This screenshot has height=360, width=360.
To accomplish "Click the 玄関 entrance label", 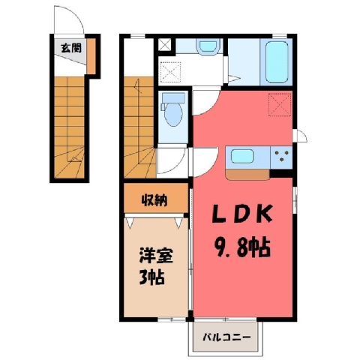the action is click(x=71, y=47).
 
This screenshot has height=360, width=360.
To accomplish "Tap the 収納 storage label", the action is click(x=154, y=199).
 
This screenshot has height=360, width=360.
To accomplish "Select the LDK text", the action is click(x=242, y=214).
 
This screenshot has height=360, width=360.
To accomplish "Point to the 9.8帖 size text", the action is click(x=242, y=248).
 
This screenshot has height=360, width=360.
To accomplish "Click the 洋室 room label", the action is click(x=156, y=255).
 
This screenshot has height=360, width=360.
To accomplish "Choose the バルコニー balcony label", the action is click(x=226, y=337).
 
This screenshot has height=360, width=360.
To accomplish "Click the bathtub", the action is click(x=276, y=62).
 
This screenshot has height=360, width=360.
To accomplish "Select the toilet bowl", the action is click(x=174, y=115).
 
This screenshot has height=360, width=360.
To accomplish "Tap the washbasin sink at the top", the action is click(x=208, y=45).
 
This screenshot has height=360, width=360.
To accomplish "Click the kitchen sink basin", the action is click(x=242, y=156).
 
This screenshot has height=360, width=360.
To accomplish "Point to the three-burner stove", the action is click(x=281, y=157).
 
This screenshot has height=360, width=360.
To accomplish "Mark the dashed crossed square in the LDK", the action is click(x=280, y=104).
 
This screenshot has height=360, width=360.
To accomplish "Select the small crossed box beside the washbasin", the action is click(x=165, y=45).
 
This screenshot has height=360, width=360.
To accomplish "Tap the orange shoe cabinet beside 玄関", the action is click(x=91, y=56).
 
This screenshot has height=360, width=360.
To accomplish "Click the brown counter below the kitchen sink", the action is click(x=247, y=175).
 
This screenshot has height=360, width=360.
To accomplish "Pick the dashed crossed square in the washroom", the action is click(x=170, y=72).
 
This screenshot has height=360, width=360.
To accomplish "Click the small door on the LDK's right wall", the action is click(x=300, y=136).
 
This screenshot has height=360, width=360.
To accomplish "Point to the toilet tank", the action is click(x=173, y=97).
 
